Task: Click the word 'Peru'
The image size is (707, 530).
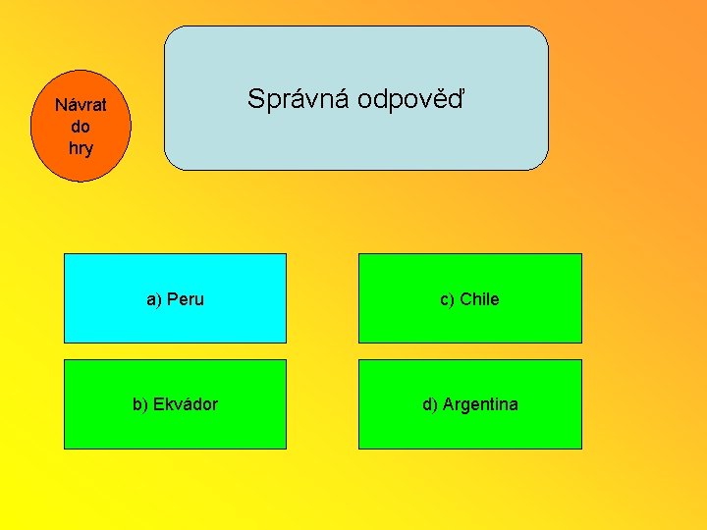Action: [186, 299]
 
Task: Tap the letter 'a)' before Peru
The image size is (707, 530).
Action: [154, 299]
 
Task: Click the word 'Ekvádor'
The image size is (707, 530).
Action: [186, 404]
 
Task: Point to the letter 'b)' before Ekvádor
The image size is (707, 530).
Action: [140, 404]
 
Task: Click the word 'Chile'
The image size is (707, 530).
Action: [479, 299]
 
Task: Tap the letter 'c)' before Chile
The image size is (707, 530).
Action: [447, 299]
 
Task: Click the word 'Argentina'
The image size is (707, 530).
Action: [480, 404]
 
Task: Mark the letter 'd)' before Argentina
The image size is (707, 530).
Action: [430, 404]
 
